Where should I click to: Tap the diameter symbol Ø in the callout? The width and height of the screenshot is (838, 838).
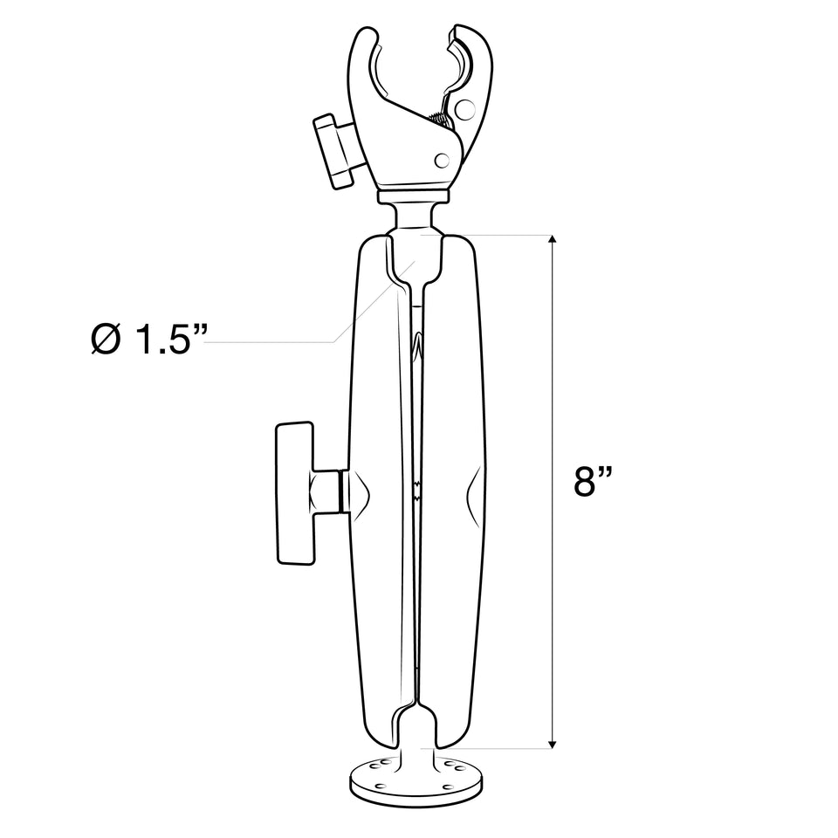(106, 340)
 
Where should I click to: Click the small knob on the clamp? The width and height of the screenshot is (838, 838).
(333, 149)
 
